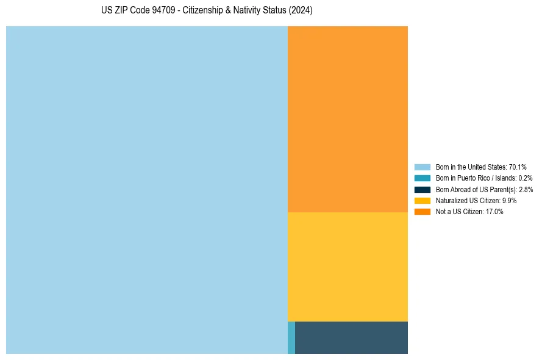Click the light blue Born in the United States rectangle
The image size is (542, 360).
146,190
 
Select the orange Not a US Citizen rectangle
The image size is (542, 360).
348,119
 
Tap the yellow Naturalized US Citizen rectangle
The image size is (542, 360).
348,267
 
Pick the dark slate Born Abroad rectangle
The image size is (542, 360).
351,337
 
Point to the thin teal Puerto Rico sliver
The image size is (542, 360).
291,337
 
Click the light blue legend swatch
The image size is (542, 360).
423,167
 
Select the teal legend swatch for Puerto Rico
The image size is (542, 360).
423,178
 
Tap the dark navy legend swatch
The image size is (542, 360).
423,189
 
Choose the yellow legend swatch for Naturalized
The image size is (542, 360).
423,200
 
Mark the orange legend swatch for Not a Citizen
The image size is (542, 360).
423,211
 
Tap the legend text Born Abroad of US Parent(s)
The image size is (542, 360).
476,189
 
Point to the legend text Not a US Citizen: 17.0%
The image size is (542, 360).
469,211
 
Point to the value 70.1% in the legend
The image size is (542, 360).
518,167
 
